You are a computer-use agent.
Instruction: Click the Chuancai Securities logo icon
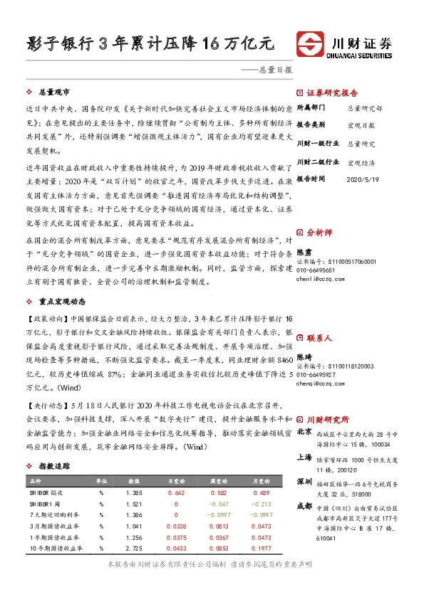click(311, 42)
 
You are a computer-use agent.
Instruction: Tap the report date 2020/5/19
click(361, 179)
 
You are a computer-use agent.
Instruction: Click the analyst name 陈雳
click(304, 251)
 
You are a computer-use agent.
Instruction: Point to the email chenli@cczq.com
click(319, 280)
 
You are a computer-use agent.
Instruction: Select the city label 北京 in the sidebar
click(304, 431)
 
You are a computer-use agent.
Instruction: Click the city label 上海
click(304, 459)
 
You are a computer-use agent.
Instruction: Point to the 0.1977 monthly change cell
click(262, 548)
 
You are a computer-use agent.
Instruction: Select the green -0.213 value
click(262, 504)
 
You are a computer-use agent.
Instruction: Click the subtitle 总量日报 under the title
click(275, 70)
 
